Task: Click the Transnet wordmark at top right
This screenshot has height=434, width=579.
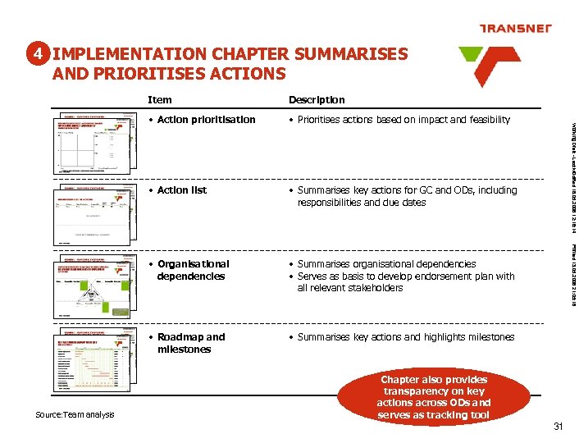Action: coord(514,29)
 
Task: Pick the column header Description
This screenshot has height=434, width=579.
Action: coord(317,99)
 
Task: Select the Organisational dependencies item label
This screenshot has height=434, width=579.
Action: coord(193,270)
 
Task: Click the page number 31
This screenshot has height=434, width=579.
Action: coord(558,425)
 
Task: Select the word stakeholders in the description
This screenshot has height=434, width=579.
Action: coord(375,288)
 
